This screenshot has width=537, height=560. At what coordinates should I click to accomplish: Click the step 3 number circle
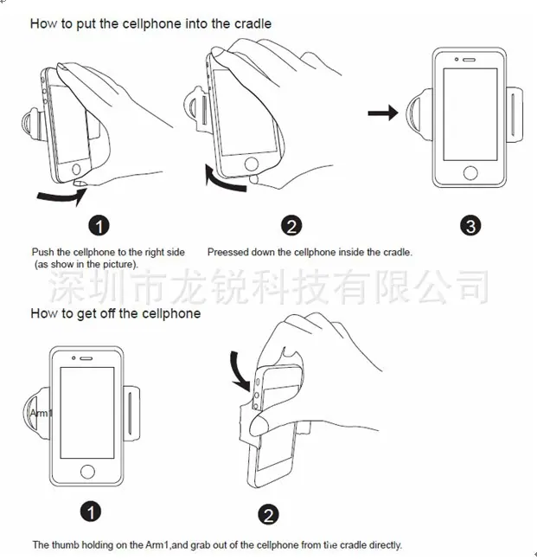point(470,226)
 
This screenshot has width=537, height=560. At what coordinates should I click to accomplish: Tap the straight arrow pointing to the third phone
point(383,113)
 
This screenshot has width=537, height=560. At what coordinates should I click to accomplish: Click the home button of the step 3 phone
point(470,173)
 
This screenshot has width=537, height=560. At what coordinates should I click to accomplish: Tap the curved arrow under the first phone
point(62,196)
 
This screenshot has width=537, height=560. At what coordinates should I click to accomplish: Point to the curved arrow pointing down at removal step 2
point(240,371)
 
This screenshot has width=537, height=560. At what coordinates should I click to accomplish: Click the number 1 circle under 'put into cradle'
point(99,226)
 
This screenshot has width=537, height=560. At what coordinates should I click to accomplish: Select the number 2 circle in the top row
point(291,226)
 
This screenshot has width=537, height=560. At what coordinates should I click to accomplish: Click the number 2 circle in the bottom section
point(268,515)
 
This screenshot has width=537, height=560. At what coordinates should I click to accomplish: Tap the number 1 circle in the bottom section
point(91,512)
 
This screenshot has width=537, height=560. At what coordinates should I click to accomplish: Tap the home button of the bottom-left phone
point(87,472)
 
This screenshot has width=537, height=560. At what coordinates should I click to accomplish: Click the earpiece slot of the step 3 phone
point(469,60)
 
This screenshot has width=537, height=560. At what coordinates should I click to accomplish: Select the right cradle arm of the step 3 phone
point(515,114)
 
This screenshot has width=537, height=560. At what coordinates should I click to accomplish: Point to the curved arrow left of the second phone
point(223,177)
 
